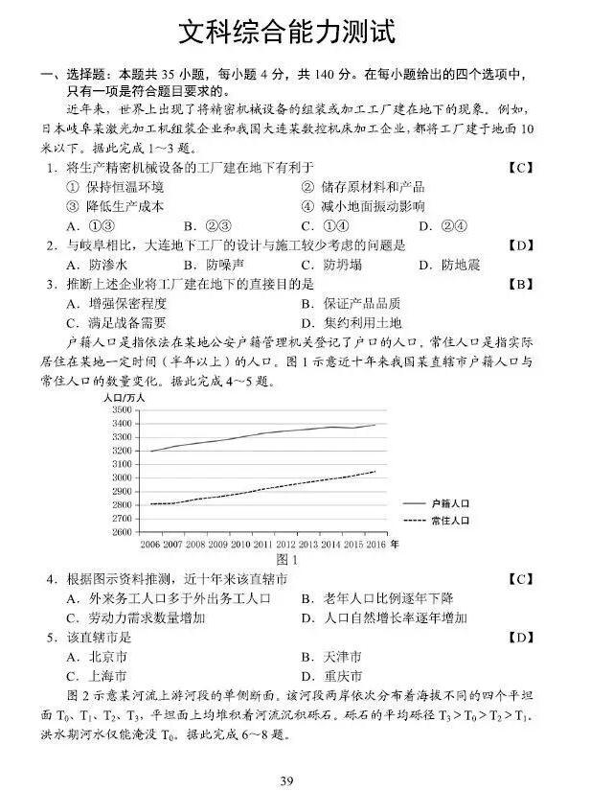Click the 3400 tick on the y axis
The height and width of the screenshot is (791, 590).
click(x=122, y=423)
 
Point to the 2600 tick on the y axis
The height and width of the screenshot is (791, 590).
click(x=122, y=531)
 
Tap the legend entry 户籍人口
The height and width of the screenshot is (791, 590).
click(x=450, y=502)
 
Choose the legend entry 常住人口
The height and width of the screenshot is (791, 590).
click(x=450, y=521)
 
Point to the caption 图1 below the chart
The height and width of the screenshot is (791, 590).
click(x=286, y=559)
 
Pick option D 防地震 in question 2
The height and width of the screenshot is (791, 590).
click(x=448, y=265)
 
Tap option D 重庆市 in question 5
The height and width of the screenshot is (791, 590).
click(x=330, y=676)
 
